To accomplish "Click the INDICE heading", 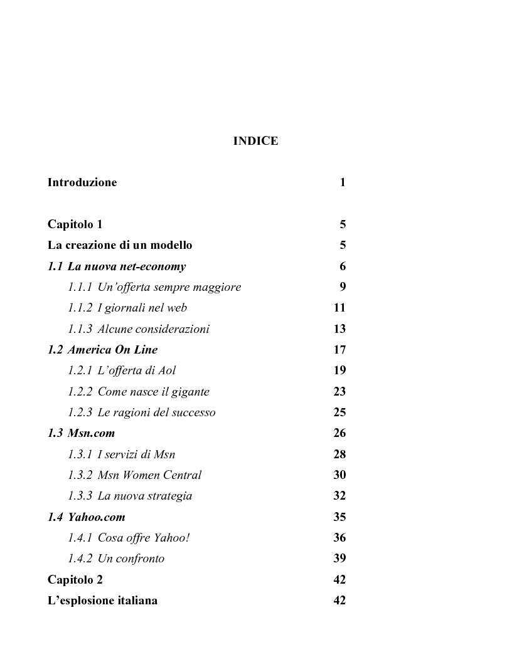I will [255, 141].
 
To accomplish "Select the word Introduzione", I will [82, 183].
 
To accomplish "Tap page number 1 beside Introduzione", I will [343, 183].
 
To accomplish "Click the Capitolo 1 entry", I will [75, 224].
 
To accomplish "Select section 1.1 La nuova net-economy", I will [117, 266].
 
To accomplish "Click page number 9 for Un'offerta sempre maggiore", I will [343, 287].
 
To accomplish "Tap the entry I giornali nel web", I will [127, 308].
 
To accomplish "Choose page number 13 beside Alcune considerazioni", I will [339, 329].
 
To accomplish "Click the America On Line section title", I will [103, 350].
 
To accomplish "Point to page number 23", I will [339, 392].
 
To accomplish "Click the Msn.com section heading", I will [82, 433].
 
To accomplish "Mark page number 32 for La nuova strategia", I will [339, 496].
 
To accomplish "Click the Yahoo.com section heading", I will [87, 517].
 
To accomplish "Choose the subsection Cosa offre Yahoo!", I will [129, 538].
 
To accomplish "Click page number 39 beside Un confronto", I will [339, 559].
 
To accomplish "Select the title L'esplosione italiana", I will [102, 601].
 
